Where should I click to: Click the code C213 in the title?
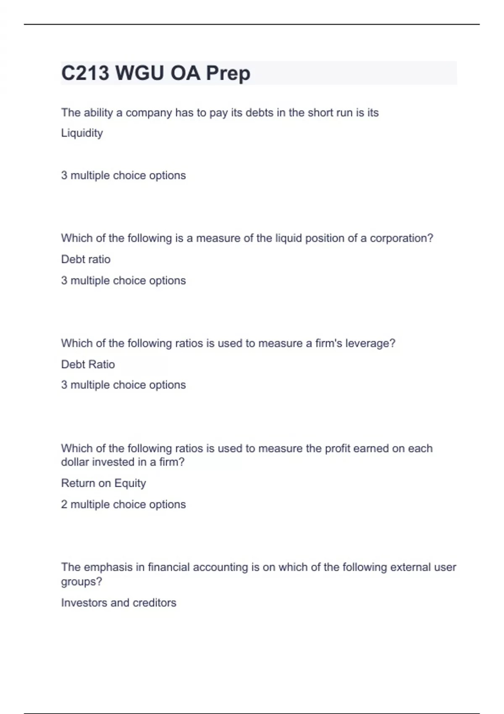pyautogui.click(x=85, y=73)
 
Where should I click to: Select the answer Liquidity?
pyautogui.click(x=82, y=133)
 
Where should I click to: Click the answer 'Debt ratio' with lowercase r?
pyautogui.click(x=86, y=259)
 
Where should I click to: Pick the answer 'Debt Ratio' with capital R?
pyautogui.click(x=88, y=364)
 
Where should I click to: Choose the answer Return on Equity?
pyautogui.click(x=103, y=483)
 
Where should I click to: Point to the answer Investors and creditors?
pyautogui.click(x=118, y=603)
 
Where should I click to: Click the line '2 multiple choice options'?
pyautogui.click(x=123, y=504)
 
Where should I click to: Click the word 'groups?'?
pyautogui.click(x=81, y=582)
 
